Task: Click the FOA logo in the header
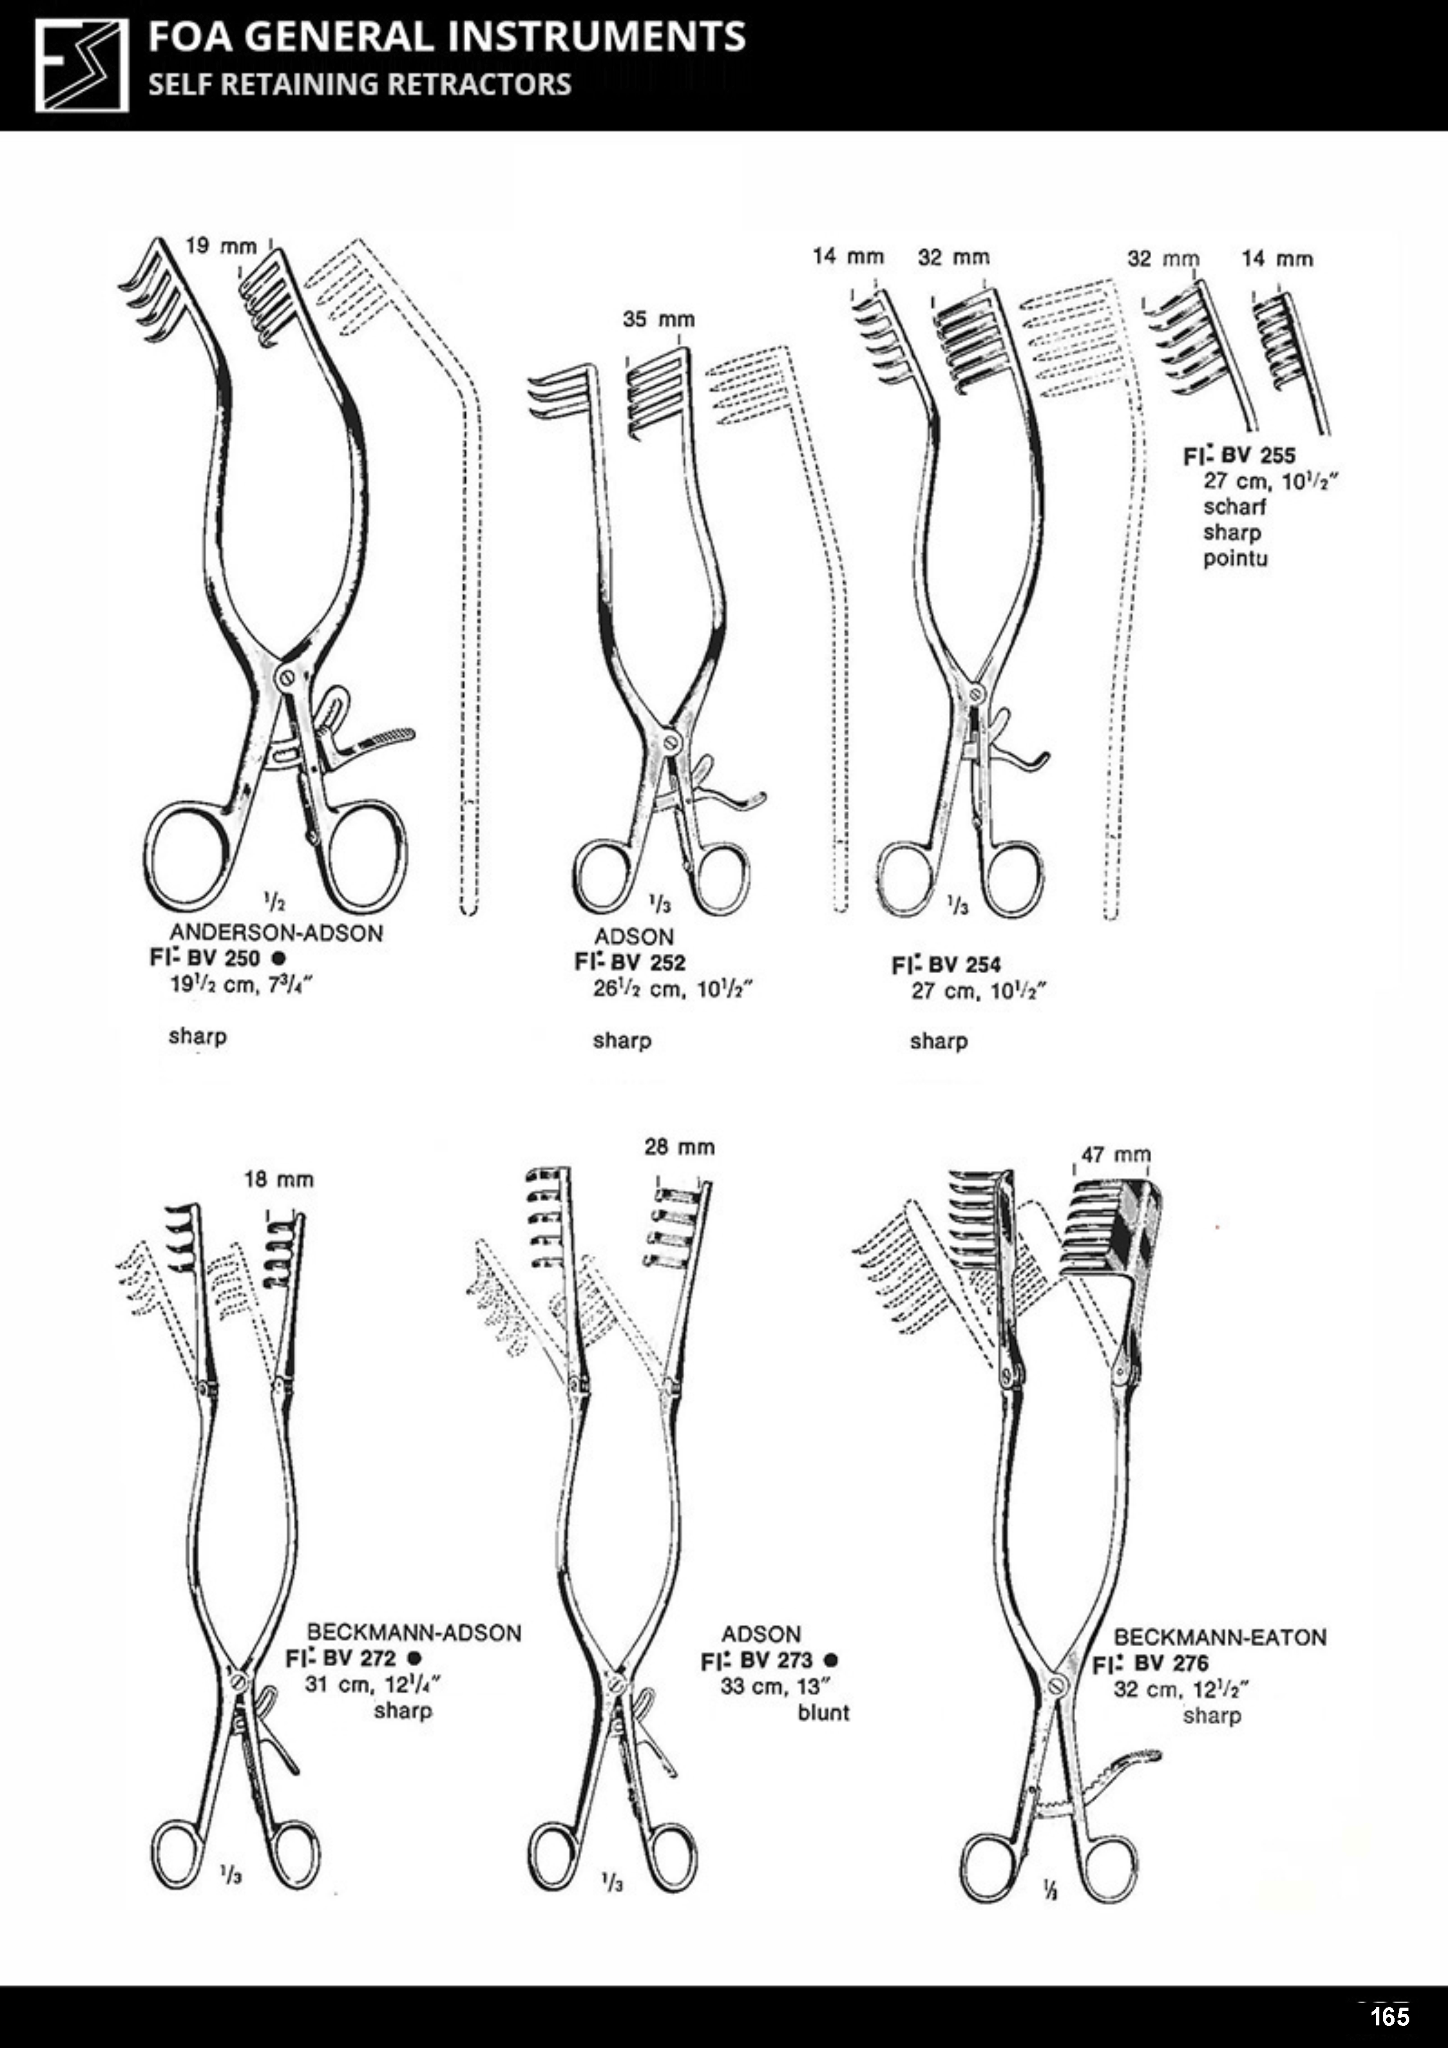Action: [81, 66]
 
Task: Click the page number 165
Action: [1389, 2016]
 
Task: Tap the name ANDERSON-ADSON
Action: [277, 933]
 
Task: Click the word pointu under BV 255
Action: [1235, 559]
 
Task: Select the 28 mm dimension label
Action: [680, 1147]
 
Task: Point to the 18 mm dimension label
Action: [279, 1180]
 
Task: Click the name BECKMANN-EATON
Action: [1219, 1637]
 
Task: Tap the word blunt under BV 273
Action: [823, 1713]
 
